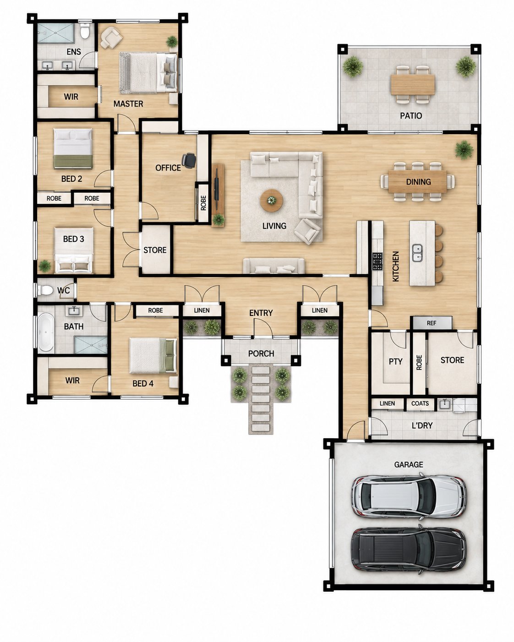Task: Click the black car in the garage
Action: pos(408,550)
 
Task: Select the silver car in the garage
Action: pos(408,496)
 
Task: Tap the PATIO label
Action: pos(411,116)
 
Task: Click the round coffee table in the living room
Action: pos(271,201)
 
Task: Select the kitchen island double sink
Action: pos(417,253)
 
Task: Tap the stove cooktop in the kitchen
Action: pos(377,261)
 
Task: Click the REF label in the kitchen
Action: pos(432,323)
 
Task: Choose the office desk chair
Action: pos(189,160)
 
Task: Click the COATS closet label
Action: pos(420,403)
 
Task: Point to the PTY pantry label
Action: pos(395,362)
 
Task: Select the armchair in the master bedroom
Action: pos(111,38)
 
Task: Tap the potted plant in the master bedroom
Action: pos(172,42)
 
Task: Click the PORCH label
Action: pos(261,354)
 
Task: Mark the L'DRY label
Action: pos(422,425)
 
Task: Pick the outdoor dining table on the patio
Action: pos(413,84)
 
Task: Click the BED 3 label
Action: pos(73,239)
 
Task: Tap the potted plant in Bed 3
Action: pos(44,266)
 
